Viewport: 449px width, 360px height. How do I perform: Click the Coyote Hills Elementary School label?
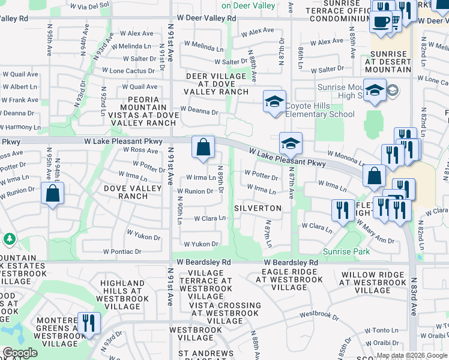321,110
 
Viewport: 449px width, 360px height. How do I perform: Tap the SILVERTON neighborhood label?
258,208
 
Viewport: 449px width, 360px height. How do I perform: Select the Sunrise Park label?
346,251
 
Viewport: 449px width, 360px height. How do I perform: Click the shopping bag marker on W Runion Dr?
53,194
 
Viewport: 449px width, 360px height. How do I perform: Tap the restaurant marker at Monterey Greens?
89,323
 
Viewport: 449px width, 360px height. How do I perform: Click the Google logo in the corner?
20,353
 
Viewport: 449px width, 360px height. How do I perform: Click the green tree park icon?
10,239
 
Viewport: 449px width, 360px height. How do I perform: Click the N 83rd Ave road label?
414,296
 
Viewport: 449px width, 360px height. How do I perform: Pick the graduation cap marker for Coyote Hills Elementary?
274,101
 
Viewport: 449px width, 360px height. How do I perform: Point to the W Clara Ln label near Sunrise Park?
316,227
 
